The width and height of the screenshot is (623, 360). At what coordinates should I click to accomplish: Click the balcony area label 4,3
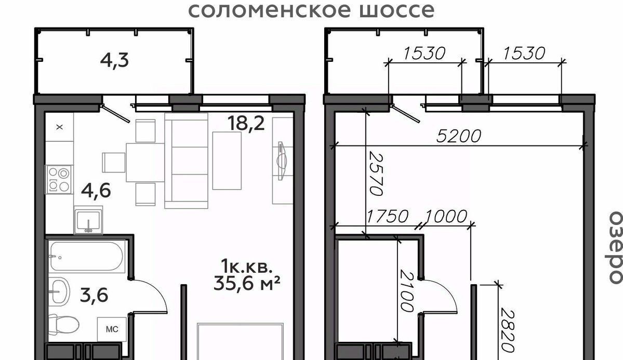pyautogui.click(x=114, y=61)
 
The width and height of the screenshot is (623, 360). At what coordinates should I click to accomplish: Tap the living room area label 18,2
pyautogui.click(x=246, y=124)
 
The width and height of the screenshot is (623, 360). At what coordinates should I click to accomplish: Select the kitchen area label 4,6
pyautogui.click(x=96, y=190)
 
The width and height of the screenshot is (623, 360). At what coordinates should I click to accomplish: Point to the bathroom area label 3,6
pyautogui.click(x=94, y=295)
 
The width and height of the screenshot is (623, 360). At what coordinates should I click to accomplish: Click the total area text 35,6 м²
pyautogui.click(x=247, y=283)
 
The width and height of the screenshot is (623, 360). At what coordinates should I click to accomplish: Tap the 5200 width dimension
pyautogui.click(x=458, y=136)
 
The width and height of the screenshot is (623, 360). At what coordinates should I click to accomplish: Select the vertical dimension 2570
pyautogui.click(x=376, y=173)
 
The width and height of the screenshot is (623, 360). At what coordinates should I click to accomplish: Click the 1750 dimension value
pyautogui.click(x=387, y=217)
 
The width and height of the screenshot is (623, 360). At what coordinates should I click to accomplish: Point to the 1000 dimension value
pyautogui.click(x=446, y=217)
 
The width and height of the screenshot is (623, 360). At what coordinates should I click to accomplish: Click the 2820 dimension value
pyautogui.click(x=507, y=330)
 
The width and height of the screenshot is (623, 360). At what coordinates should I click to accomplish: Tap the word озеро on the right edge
pyautogui.click(x=615, y=248)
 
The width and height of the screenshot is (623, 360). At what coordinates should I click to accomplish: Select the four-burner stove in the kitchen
pyautogui.click(x=59, y=180)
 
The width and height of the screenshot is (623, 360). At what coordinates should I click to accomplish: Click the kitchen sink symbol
pyautogui.click(x=88, y=220)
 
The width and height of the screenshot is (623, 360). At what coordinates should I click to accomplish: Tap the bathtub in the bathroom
pyautogui.click(x=87, y=256)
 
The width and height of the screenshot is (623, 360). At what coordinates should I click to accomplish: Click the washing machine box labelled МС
pyautogui.click(x=112, y=329)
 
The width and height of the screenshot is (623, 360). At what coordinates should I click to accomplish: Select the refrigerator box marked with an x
pyautogui.click(x=60, y=127)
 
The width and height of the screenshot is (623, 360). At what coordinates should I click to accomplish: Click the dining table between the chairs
pyautogui.click(x=145, y=163)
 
